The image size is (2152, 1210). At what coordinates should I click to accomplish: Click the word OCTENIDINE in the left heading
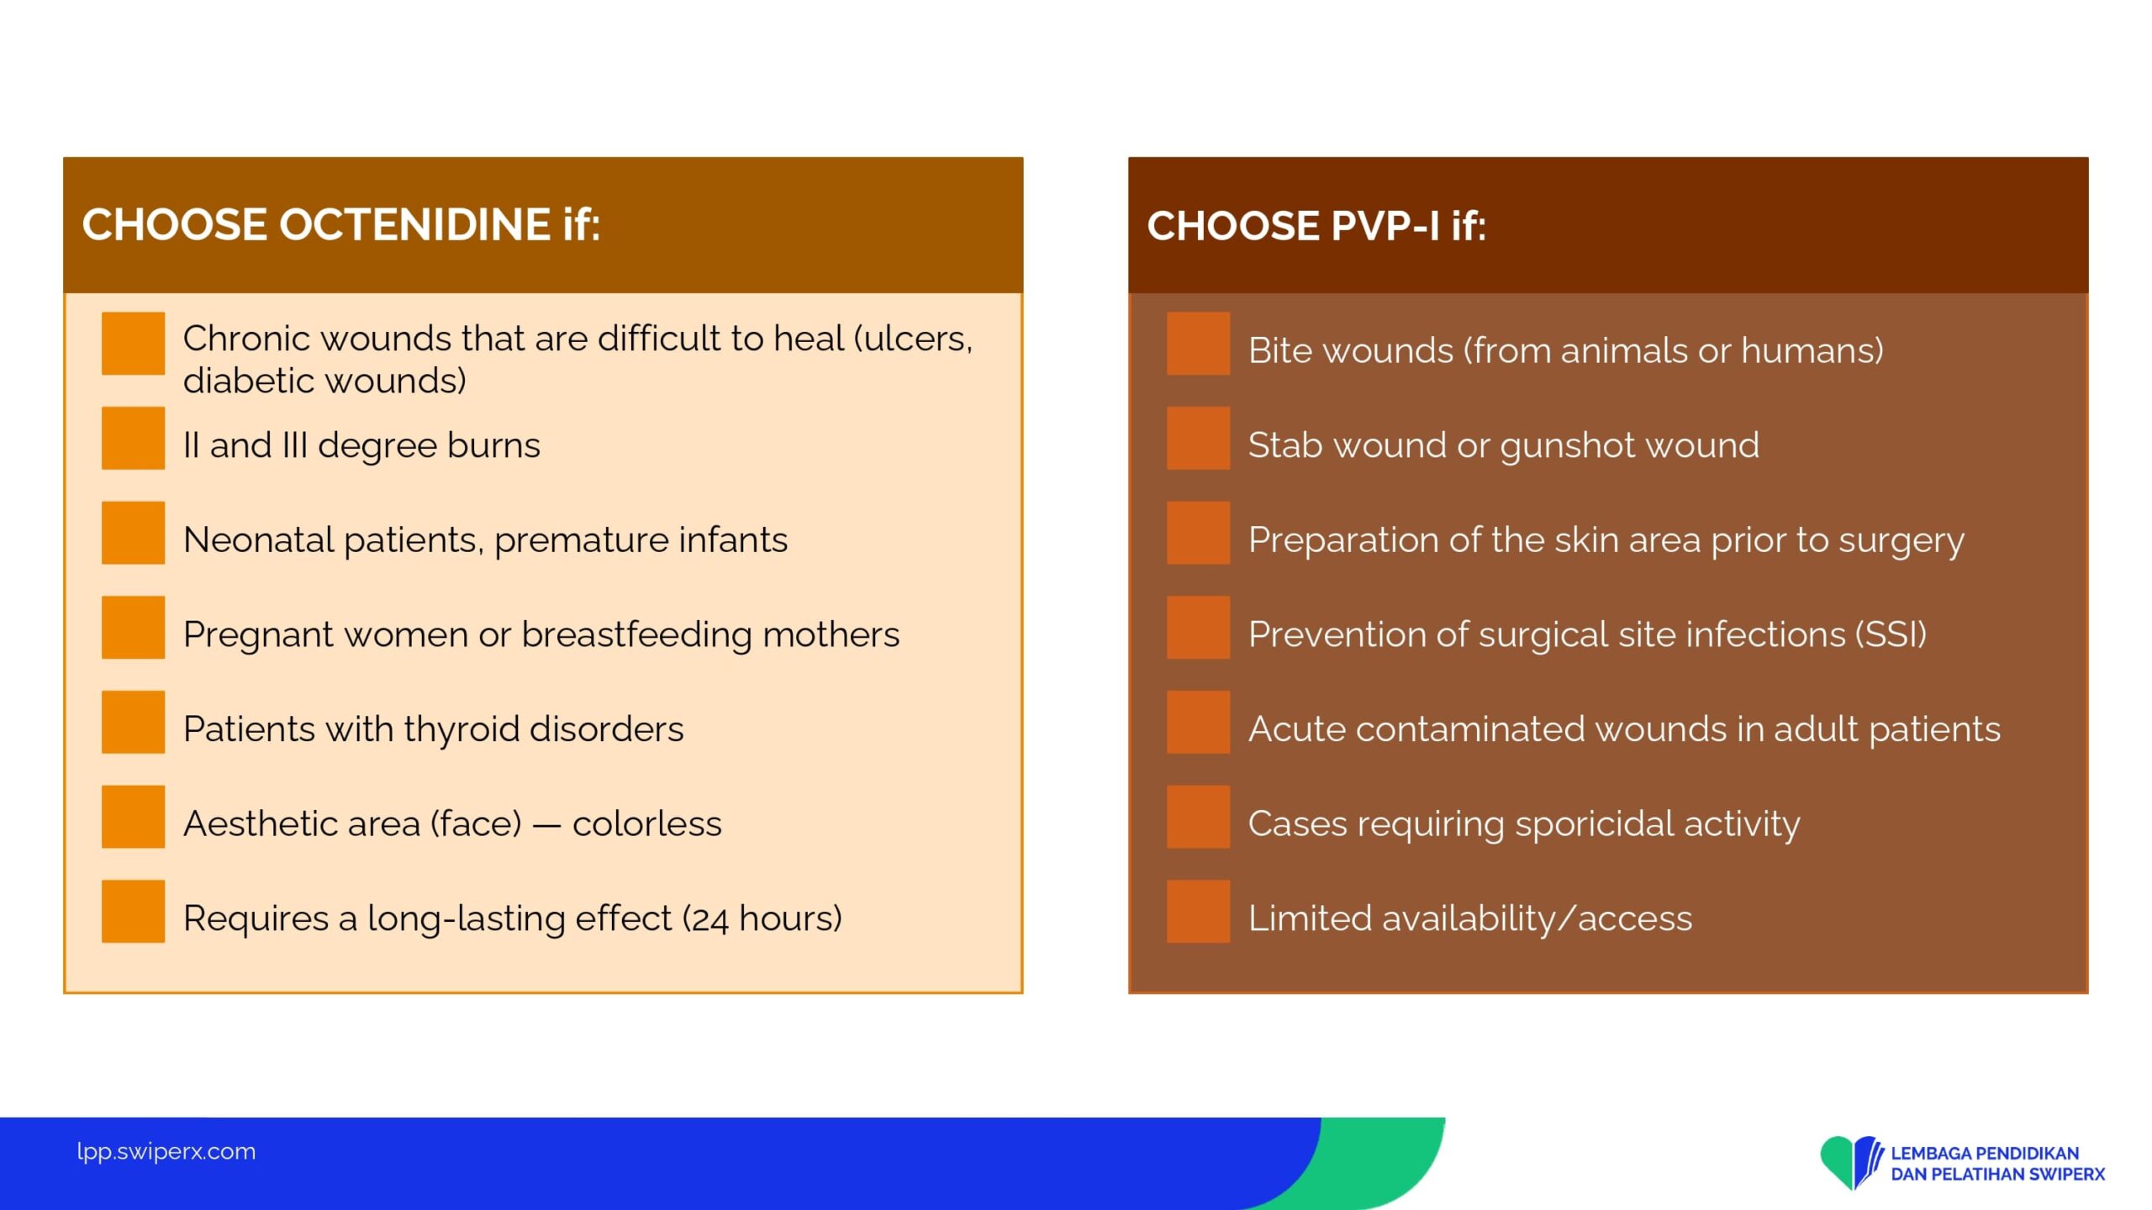click(x=414, y=224)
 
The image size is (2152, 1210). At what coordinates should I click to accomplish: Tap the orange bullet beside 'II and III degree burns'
click(x=133, y=438)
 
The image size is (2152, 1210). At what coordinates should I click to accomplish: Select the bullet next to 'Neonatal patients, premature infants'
click(x=133, y=533)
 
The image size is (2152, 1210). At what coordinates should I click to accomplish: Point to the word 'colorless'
click(x=646, y=823)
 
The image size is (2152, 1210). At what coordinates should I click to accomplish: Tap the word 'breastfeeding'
click(x=636, y=634)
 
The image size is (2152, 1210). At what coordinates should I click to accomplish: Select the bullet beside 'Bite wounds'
click(x=1198, y=343)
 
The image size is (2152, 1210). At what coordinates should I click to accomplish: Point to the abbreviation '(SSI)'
click(x=1891, y=634)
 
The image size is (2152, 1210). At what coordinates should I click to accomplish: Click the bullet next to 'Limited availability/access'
click(x=1198, y=911)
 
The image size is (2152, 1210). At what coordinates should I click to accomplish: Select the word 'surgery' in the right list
click(x=1901, y=540)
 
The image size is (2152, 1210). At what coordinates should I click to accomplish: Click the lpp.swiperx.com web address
click(x=166, y=1151)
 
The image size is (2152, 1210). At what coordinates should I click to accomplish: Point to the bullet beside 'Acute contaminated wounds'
click(x=1198, y=722)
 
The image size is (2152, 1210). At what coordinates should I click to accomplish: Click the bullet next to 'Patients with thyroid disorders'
click(x=133, y=722)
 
